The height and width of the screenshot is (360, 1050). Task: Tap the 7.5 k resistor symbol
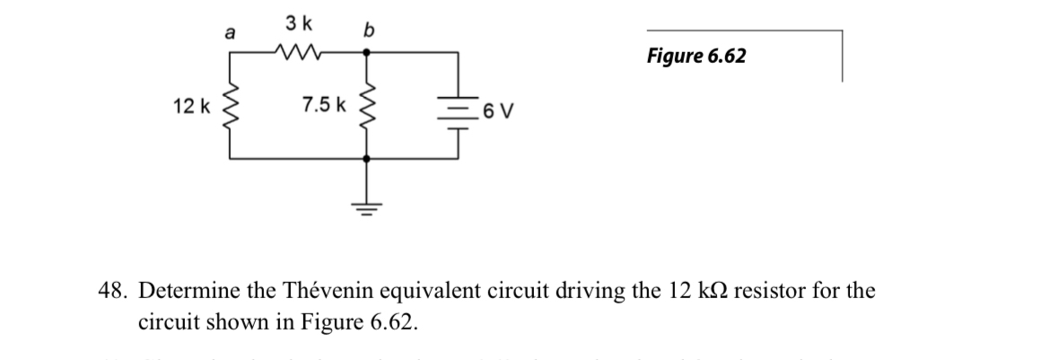point(365,105)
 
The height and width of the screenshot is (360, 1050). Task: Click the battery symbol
point(459,107)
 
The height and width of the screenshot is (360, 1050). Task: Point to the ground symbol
point(365,202)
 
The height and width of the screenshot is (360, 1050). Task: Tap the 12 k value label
point(189,106)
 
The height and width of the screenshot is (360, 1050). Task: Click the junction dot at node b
point(365,52)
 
